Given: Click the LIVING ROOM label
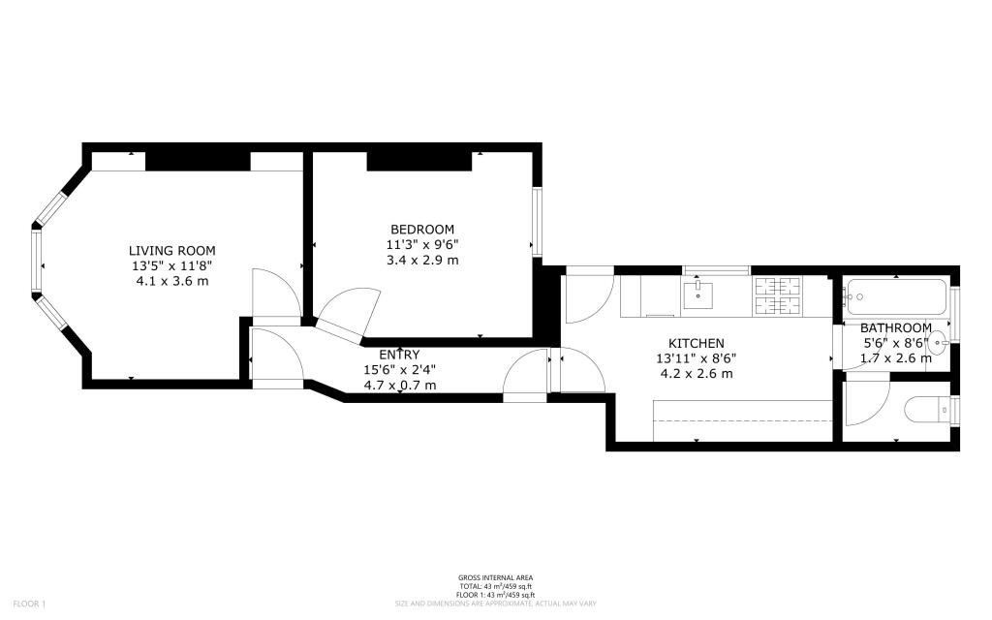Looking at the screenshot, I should pos(173,250).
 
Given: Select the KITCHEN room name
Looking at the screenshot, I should pos(697,343).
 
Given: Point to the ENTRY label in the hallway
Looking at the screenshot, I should pos(399,355).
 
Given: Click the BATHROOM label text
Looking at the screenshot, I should pos(896,327).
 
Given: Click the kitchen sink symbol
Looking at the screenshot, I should pos(697,294).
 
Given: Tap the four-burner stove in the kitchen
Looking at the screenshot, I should pos(779,295).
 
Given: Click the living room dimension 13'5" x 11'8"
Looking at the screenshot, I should pos(173,265).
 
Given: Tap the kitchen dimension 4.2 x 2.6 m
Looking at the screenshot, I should pos(697,373).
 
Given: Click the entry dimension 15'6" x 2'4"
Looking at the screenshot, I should pos(399,370).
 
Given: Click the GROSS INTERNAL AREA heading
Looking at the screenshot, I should pos(495,578).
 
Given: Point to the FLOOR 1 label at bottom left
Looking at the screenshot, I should pos(28,604).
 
